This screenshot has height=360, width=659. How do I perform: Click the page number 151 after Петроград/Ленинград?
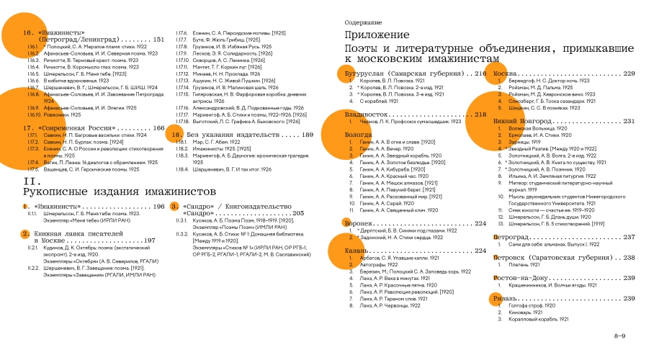[158, 40]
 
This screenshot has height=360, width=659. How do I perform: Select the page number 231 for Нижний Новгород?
[629, 122]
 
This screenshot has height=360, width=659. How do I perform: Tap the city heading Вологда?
[359, 135]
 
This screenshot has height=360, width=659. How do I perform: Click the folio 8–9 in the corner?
[619, 336]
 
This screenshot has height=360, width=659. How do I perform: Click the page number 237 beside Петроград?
[629, 237]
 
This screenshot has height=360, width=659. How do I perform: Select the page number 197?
[150, 240]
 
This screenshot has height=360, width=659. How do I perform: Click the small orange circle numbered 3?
[174, 207]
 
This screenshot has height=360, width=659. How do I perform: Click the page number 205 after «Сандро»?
[298, 214]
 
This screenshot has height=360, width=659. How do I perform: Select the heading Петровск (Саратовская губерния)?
[554, 257]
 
